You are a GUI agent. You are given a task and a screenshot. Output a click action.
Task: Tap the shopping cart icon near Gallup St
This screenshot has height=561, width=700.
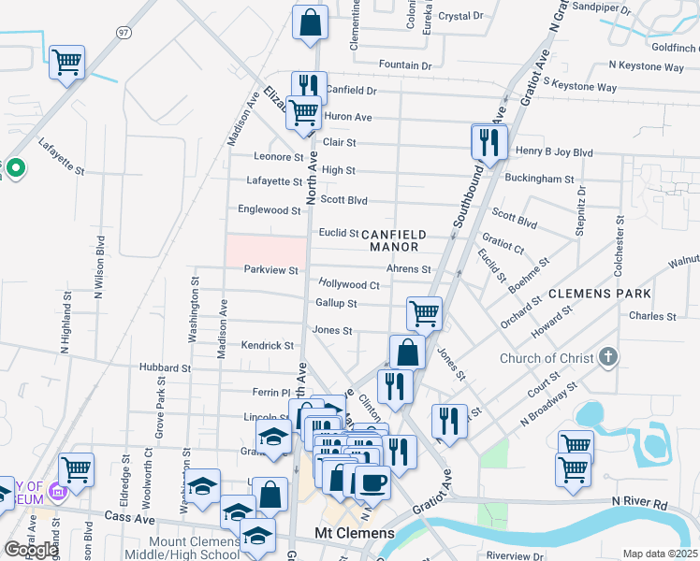click(424, 313)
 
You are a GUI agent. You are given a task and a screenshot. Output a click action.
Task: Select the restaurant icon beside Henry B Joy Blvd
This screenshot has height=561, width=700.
click(489, 141)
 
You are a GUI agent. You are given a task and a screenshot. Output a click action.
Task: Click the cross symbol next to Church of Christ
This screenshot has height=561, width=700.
click(608, 357)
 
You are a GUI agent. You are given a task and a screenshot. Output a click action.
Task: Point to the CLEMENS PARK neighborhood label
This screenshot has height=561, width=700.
click(599, 293)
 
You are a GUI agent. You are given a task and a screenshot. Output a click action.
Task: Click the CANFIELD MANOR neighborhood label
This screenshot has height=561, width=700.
click(394, 240)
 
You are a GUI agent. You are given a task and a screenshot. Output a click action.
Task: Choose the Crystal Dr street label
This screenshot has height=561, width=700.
click(460, 16)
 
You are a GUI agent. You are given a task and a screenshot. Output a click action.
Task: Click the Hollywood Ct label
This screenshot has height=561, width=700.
click(349, 284)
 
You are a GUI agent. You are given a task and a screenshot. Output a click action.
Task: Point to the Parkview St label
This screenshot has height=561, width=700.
click(270, 270)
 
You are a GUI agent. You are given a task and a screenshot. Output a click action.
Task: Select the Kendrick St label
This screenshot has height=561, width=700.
click(268, 345)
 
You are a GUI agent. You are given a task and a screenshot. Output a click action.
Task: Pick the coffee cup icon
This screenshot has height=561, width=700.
click(372, 482)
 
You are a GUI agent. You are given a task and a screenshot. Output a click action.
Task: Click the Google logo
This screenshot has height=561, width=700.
click(31, 550)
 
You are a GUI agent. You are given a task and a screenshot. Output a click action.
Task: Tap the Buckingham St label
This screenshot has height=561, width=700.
click(538, 178)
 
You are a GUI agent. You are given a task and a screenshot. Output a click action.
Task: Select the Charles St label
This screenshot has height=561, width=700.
click(652, 316)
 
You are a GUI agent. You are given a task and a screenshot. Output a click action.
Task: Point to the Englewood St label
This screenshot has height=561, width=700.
click(269, 209)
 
